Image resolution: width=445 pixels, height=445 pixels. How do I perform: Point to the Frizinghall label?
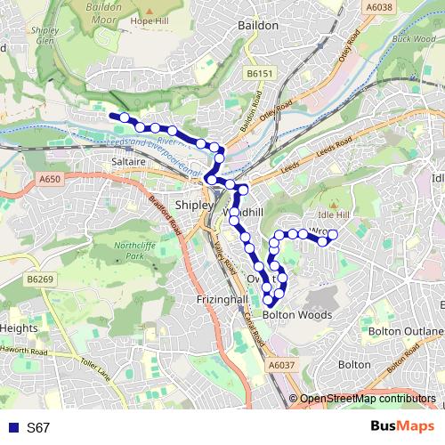tap(221, 300)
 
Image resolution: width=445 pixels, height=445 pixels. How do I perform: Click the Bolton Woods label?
tap(297, 315)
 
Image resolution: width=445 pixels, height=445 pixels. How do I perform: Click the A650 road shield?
tap(50, 180)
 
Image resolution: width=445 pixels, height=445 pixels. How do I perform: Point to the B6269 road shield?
tap(40, 279)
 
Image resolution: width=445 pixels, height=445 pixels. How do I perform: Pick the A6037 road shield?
tap(279, 366)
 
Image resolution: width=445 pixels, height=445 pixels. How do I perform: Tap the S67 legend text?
tap(38, 427)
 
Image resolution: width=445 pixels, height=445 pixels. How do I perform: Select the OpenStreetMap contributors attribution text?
tap(368, 400)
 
